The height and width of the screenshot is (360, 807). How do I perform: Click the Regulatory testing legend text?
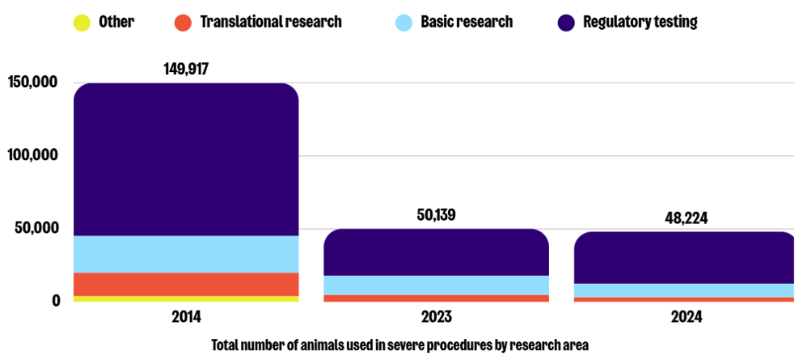point(640,22)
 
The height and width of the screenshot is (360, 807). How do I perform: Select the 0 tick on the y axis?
point(56,301)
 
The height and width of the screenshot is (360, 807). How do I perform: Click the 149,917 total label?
point(186,69)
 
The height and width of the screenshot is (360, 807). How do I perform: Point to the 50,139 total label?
point(436,215)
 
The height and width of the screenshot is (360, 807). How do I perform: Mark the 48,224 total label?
point(687,218)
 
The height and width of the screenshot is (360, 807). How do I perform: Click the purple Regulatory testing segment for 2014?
point(186,159)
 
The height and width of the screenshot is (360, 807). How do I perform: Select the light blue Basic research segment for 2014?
point(186,254)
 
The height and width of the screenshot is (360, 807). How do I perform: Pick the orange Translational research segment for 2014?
point(186,284)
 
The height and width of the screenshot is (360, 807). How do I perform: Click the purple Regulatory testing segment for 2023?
point(436,252)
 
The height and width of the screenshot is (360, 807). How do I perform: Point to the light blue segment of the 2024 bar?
point(687,290)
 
